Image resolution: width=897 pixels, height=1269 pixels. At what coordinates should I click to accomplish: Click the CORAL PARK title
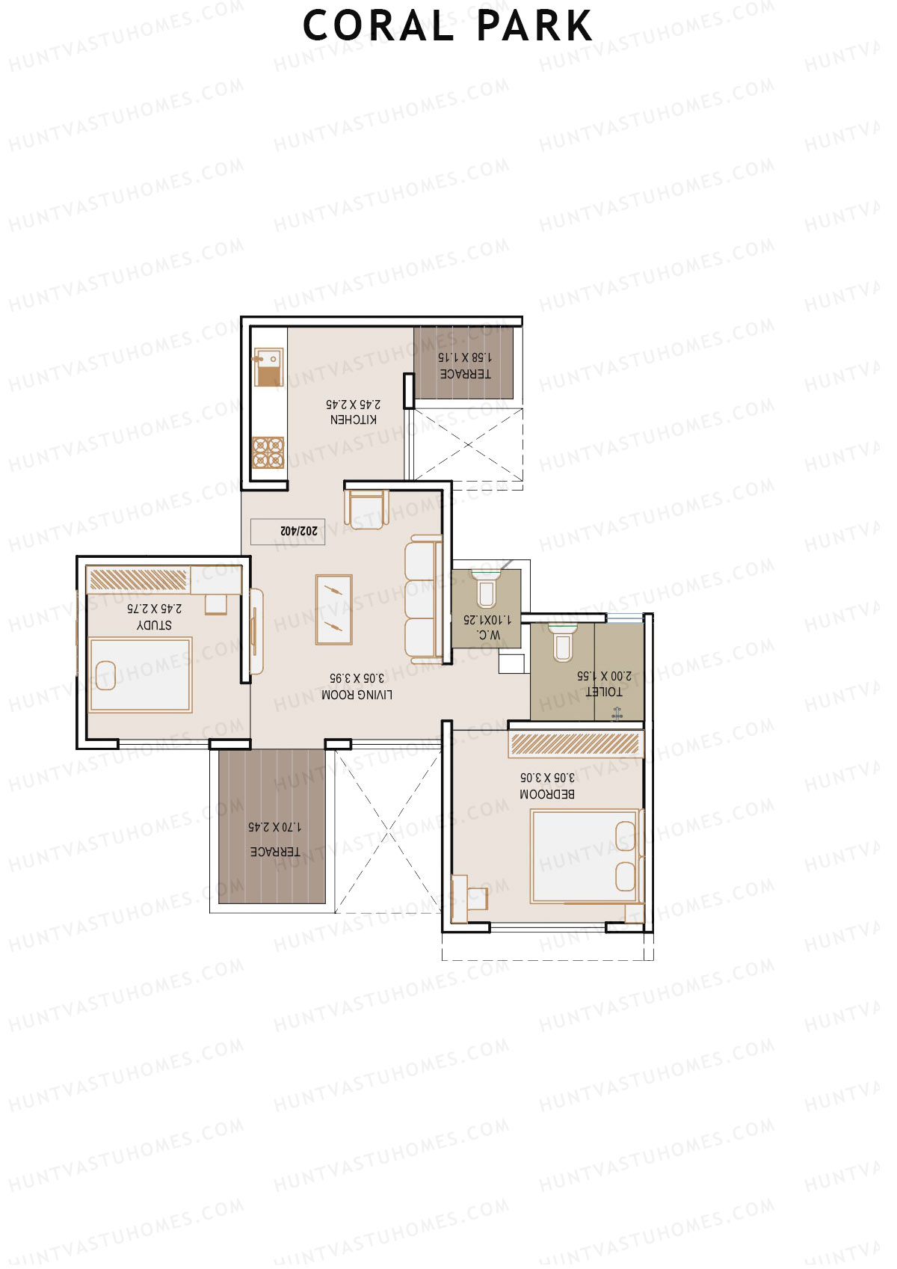pyautogui.click(x=447, y=26)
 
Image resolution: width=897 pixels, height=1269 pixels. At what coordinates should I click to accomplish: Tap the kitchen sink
pyautogui.click(x=268, y=367)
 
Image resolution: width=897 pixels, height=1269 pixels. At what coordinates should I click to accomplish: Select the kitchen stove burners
pyautogui.click(x=268, y=452)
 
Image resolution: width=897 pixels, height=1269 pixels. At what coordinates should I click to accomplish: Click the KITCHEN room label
pyautogui.click(x=354, y=420)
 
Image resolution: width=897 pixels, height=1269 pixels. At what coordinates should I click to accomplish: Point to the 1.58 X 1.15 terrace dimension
pyautogui.click(x=464, y=357)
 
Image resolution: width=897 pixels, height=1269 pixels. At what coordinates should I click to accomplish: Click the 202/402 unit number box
pyautogui.click(x=288, y=531)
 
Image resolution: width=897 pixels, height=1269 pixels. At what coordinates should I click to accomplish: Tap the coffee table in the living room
pyautogui.click(x=333, y=609)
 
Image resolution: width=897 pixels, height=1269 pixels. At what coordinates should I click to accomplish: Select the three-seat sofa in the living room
pyautogui.click(x=422, y=597)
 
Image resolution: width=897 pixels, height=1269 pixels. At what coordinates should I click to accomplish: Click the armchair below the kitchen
pyautogui.click(x=366, y=508)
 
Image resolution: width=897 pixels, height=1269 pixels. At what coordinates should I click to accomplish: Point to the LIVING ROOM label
pyautogui.click(x=357, y=695)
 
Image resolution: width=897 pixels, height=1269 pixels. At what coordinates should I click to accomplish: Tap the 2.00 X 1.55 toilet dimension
pyautogui.click(x=604, y=676)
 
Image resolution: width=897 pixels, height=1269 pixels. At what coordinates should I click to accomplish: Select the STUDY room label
pyautogui.click(x=154, y=625)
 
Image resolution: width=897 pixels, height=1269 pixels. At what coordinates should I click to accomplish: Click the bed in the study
pyautogui.click(x=140, y=675)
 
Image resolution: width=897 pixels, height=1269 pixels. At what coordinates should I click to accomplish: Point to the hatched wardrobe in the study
pyautogui.click(x=138, y=580)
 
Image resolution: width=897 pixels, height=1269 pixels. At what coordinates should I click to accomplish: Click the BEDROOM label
pyautogui.click(x=547, y=794)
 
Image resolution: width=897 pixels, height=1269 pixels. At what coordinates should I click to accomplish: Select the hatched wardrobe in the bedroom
pyautogui.click(x=575, y=744)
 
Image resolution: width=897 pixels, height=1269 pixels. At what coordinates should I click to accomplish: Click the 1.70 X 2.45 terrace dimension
pyautogui.click(x=274, y=827)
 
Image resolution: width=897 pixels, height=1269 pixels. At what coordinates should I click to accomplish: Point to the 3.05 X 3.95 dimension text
pyautogui.click(x=357, y=678)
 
